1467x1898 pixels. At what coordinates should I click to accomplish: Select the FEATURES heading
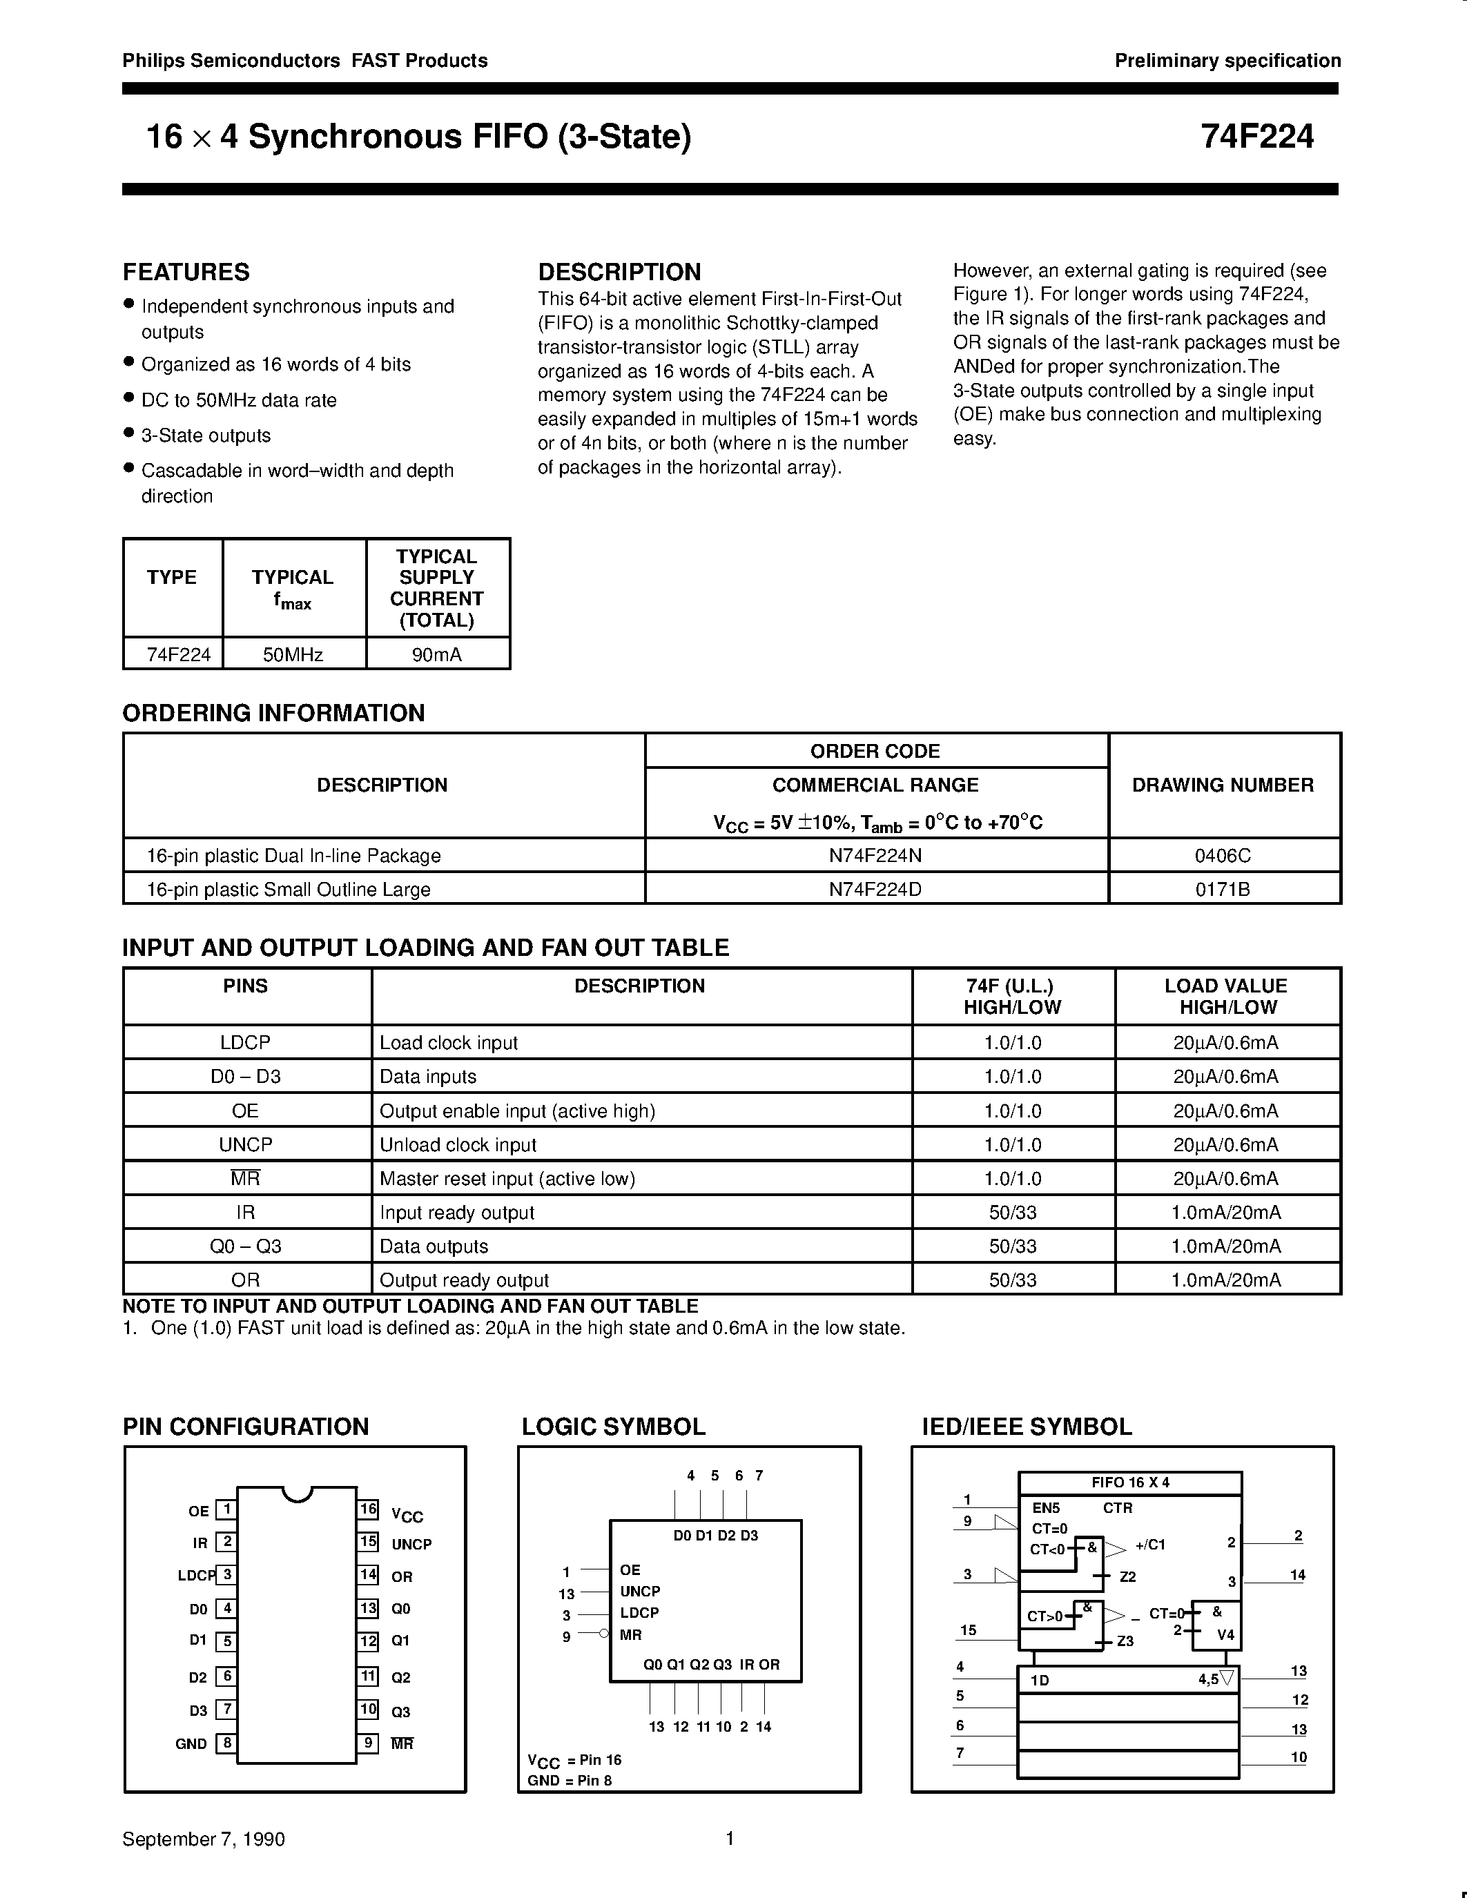pos(186,272)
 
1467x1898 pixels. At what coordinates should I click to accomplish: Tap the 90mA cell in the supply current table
pos(437,655)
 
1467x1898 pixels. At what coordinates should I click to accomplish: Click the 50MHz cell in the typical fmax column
pos(293,655)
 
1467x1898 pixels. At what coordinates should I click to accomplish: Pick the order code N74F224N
pos(875,855)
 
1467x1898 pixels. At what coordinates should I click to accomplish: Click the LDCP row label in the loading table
pos(245,1042)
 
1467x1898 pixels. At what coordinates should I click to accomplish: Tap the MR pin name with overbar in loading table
pos(245,1178)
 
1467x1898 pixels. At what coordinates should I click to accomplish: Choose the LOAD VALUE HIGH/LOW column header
pos(1226,996)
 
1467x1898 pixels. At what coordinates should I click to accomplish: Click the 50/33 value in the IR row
pos(1013,1213)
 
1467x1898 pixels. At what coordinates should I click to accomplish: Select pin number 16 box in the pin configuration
pos(369,1509)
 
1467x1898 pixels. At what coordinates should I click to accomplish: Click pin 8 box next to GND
pos(226,1743)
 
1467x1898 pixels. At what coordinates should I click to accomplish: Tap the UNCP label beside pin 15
pos(411,1545)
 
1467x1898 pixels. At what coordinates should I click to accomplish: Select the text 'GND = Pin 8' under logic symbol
pos(570,1780)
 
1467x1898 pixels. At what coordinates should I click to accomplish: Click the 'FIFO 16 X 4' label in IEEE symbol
pos(1130,1483)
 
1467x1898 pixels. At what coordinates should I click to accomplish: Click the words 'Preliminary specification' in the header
pos(1227,61)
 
